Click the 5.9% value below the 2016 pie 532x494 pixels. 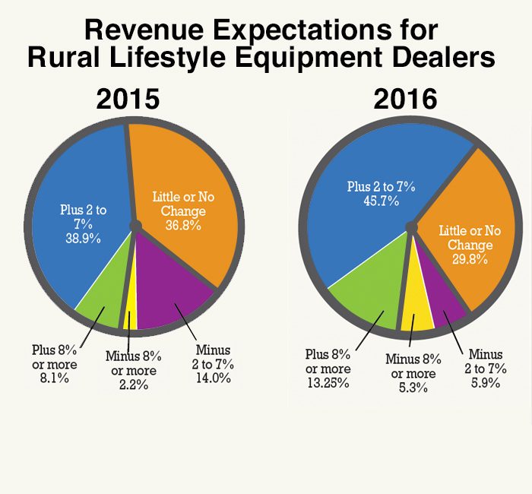pyautogui.click(x=485, y=380)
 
